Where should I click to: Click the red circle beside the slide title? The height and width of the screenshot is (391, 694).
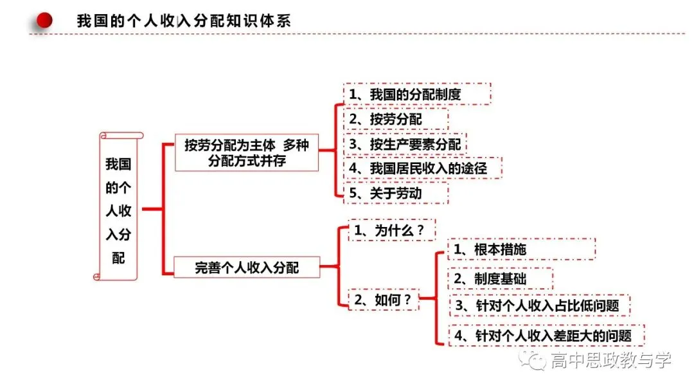click(44, 21)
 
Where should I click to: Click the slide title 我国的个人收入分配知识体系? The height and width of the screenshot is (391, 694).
click(184, 21)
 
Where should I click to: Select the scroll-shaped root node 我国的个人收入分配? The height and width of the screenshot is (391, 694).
click(118, 206)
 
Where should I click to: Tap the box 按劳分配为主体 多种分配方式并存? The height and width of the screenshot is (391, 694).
click(247, 152)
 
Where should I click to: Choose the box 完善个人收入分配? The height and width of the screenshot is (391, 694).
click(247, 267)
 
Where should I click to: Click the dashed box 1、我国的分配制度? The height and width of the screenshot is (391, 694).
click(417, 94)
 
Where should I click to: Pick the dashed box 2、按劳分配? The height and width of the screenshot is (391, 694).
click(396, 119)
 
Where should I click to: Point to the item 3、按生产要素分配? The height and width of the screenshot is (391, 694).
click(405, 144)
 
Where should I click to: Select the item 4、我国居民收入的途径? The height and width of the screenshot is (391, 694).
click(423, 168)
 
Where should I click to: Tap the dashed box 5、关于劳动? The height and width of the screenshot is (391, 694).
click(396, 193)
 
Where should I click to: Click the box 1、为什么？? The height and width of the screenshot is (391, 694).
click(392, 230)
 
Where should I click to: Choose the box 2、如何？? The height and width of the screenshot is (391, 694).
click(383, 299)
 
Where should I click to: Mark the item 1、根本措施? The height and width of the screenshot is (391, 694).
click(521, 250)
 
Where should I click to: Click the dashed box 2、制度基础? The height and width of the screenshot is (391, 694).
click(500, 278)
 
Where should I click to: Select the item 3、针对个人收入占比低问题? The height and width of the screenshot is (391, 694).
click(540, 305)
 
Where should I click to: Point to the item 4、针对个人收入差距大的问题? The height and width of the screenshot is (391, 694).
click(546, 335)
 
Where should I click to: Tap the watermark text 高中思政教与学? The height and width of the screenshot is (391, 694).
click(611, 360)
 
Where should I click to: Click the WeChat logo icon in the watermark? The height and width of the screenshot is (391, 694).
click(533, 360)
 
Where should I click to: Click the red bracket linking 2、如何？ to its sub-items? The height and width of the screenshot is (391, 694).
click(436, 298)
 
